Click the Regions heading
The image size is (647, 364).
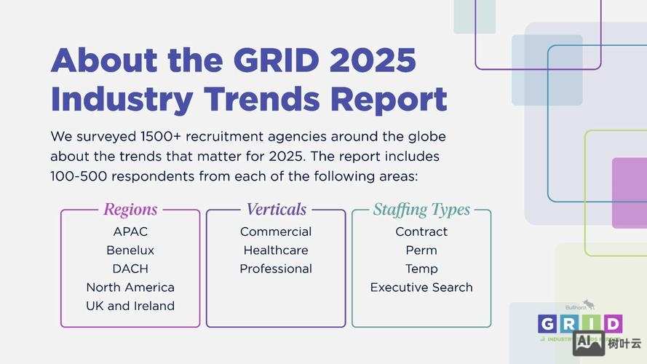click(130, 210)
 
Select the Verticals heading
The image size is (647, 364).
click(276, 210)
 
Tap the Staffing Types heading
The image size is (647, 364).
click(421, 210)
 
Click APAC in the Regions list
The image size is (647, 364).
click(130, 232)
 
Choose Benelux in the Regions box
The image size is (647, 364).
click(130, 250)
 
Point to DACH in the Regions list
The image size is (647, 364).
click(130, 269)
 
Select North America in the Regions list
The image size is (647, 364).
click(130, 287)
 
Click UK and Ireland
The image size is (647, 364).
click(130, 306)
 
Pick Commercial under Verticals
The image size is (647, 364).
click(276, 232)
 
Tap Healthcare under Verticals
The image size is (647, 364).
click(276, 250)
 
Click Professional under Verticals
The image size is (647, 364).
click(276, 269)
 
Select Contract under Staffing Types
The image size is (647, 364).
click(421, 232)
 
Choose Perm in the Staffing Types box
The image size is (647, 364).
click(421, 250)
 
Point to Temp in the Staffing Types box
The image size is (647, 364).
click(421, 269)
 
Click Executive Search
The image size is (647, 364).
click(421, 287)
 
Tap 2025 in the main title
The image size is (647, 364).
click(372, 60)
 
